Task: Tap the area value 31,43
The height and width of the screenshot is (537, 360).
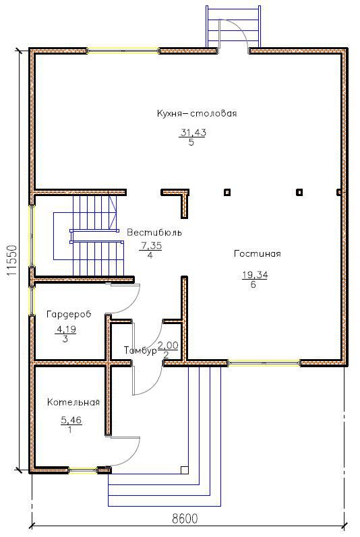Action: pos(192,133)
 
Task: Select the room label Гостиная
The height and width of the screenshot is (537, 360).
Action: pos(257,254)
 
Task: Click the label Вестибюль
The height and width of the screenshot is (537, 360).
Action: pos(154,232)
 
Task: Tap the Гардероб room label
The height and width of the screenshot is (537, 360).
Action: pos(68,315)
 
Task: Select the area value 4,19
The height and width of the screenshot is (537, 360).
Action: pos(65,329)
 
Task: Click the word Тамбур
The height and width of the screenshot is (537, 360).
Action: pos(140,351)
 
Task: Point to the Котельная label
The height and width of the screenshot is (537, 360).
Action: pos(73,402)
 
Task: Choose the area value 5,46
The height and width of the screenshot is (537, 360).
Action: pos(70,420)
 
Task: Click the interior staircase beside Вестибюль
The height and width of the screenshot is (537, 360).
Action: pos(94,236)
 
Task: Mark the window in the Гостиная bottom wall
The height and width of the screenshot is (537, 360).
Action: pos(264,362)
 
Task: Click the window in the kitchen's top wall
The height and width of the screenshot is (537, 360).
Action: pos(123,51)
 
